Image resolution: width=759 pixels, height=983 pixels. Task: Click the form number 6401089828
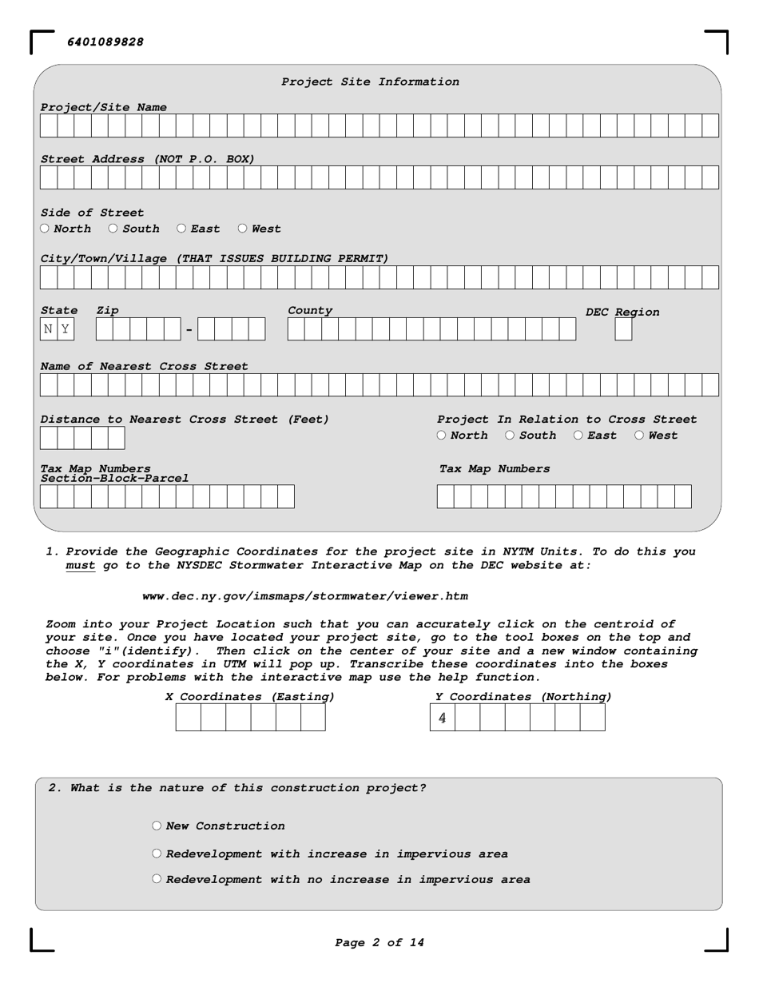click(x=105, y=42)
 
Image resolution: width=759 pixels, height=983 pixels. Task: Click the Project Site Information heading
click(x=370, y=82)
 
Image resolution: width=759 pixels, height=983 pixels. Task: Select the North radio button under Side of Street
click(x=46, y=229)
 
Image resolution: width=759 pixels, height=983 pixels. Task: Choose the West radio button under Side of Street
click(x=243, y=229)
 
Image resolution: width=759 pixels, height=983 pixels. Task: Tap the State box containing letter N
click(x=49, y=329)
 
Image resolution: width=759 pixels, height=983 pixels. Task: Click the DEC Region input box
click(x=623, y=329)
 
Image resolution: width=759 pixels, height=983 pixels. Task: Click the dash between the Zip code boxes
click(x=189, y=329)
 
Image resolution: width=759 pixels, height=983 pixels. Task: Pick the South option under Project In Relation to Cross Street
click(x=511, y=436)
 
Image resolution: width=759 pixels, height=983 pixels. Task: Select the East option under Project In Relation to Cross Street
click(x=578, y=436)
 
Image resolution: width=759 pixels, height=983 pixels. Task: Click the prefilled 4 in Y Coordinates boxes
click(x=443, y=718)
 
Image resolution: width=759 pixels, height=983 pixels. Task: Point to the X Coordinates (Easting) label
click(x=250, y=697)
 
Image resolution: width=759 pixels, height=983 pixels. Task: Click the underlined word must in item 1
click(x=80, y=565)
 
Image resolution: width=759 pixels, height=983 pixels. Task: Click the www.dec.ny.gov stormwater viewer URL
click(x=304, y=596)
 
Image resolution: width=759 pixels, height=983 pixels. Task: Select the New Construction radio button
click(x=157, y=826)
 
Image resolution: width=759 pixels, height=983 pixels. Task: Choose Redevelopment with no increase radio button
click(x=157, y=879)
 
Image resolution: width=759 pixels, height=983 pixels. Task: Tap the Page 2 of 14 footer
click(x=379, y=943)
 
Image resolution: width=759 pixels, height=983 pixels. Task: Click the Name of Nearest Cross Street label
click(x=144, y=366)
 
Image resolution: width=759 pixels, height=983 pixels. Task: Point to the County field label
click(x=310, y=310)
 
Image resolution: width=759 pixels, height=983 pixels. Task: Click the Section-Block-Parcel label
click(x=115, y=479)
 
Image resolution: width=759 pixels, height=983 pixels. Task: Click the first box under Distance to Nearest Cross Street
click(x=49, y=438)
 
